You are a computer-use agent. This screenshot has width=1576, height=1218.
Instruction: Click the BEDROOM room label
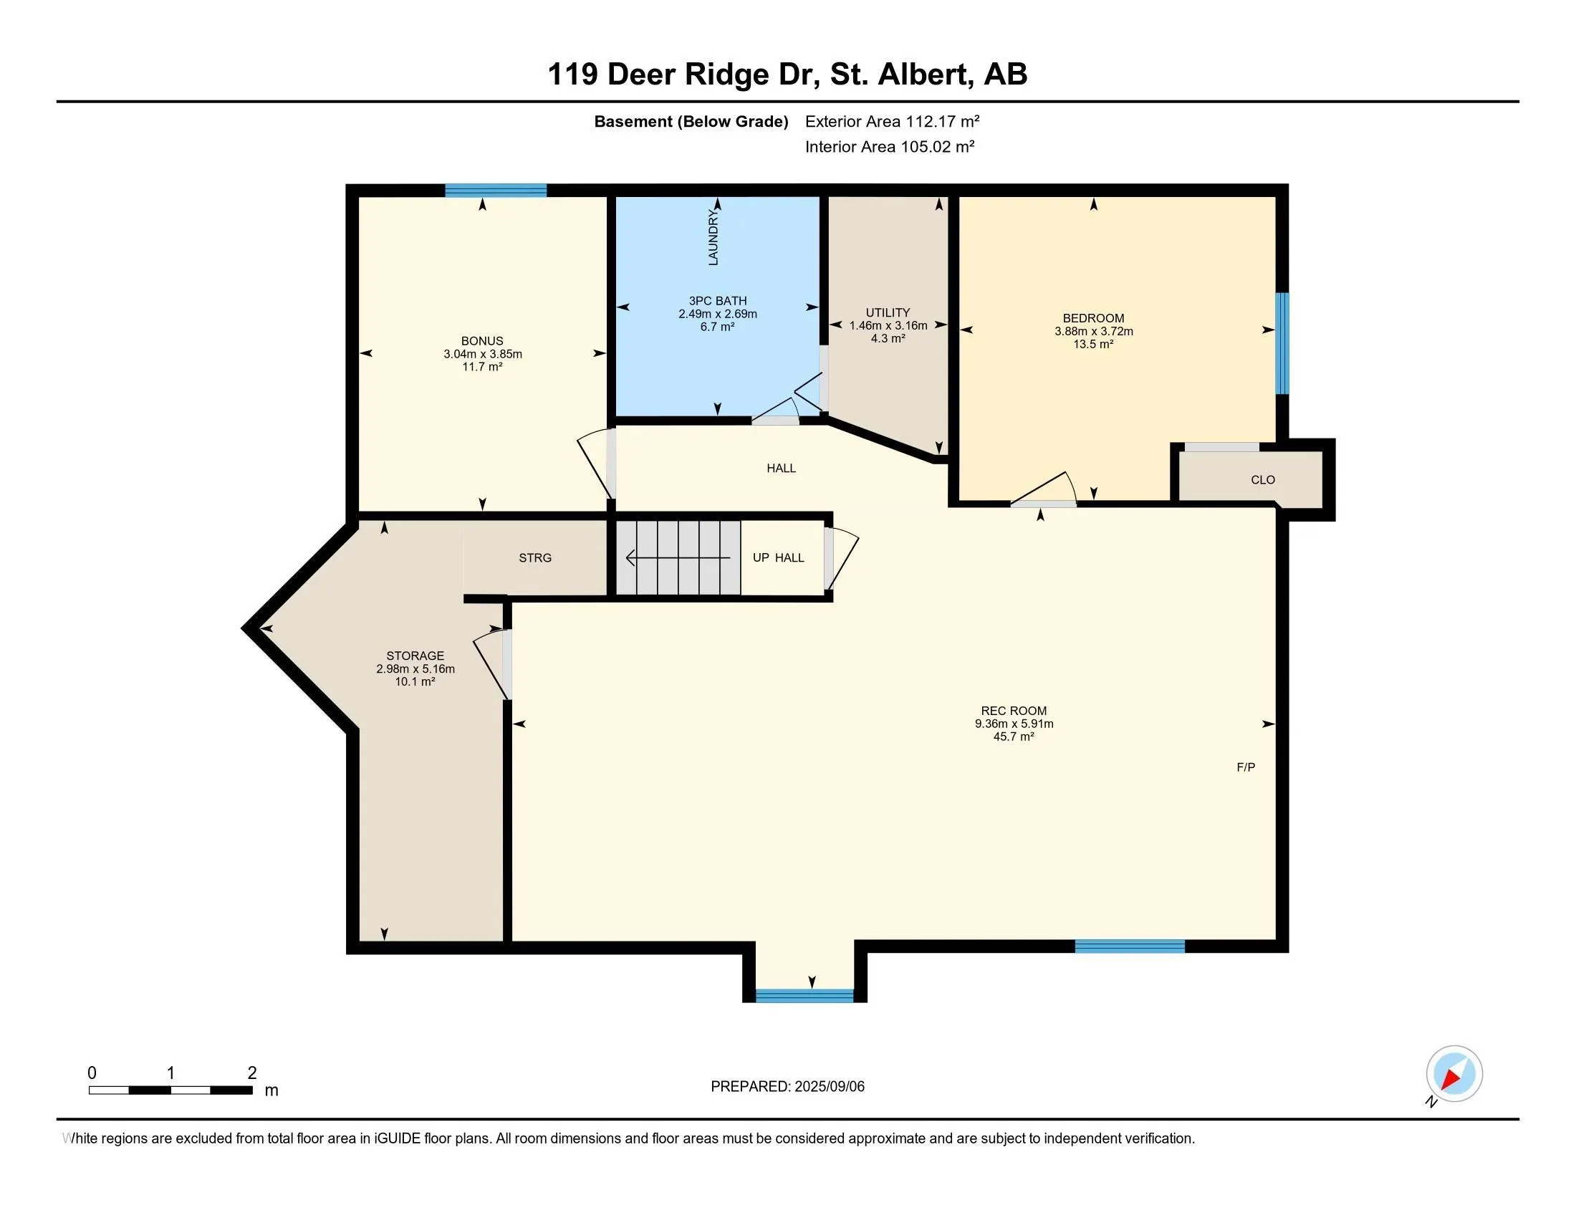1093,318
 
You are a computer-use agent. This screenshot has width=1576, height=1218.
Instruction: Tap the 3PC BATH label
717,301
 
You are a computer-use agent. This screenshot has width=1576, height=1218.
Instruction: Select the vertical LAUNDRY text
713,237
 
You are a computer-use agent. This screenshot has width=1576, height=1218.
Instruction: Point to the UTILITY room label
888,312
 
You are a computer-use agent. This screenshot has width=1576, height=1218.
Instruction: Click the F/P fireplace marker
1246,767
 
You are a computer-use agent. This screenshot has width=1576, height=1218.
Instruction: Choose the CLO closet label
1263,480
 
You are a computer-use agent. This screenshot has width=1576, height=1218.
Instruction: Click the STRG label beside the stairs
534,557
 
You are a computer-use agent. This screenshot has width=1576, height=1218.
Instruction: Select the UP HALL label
778,557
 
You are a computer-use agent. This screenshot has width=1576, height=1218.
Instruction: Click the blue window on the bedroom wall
1282,343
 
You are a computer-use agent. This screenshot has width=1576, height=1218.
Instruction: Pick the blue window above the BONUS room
496,191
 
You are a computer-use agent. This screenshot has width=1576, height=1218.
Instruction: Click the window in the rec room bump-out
804,996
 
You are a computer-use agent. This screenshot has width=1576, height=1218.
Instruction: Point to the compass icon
1454,1074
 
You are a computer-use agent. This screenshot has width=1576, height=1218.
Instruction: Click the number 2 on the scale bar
252,1073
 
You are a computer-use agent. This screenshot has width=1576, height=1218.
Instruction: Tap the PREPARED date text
787,1087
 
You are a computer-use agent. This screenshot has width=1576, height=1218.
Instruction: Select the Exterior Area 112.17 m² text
892,121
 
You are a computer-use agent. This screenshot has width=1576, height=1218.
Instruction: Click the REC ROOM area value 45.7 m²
1013,737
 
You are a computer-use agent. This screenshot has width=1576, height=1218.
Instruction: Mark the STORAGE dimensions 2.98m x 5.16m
415,669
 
